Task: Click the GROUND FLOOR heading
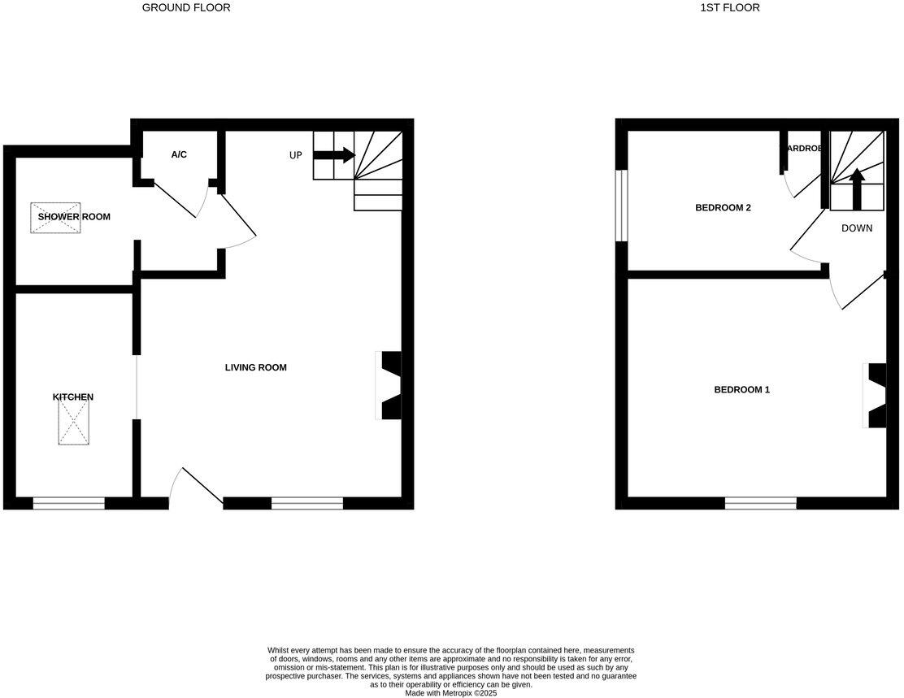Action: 186,7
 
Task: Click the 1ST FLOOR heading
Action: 730,7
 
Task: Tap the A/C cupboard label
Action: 179,154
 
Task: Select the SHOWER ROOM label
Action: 74,217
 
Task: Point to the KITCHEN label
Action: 73,397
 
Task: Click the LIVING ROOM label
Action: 256,367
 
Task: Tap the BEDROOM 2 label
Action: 723,208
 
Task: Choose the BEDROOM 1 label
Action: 741,390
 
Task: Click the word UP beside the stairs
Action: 296,155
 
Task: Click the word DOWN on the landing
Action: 857,228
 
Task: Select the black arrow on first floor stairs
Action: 857,188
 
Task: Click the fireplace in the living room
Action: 390,385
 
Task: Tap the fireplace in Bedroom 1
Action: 876,396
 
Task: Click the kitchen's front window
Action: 69,504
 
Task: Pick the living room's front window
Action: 307,504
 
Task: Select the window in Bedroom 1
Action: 761,504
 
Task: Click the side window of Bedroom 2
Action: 621,206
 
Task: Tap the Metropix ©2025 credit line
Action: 450,693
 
